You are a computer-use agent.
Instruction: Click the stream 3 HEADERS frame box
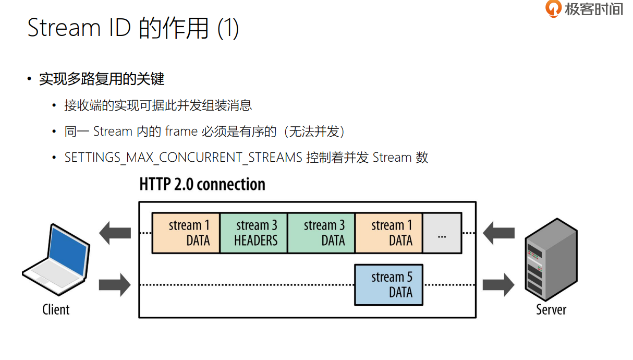[x=254, y=233]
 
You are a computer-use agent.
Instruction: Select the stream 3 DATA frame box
[x=321, y=233]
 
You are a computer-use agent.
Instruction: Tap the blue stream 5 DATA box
[x=388, y=285]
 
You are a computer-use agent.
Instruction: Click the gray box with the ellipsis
[x=442, y=233]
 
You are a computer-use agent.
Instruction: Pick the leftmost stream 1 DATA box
[x=186, y=233]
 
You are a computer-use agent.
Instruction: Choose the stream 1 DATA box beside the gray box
[x=388, y=233]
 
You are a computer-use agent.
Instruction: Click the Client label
[x=56, y=309]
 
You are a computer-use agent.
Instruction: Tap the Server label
[x=551, y=309]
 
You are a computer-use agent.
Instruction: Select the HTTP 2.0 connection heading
[x=202, y=184]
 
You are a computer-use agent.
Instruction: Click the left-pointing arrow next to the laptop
[x=115, y=233]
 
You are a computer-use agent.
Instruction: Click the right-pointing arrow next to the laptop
[x=115, y=285]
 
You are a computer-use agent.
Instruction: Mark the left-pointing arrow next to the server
[x=498, y=233]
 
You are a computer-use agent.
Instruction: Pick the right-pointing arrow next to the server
[x=498, y=285]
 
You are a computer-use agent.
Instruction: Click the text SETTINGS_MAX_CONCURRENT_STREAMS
[x=183, y=158]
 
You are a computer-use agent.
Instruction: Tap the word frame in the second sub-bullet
[x=181, y=131]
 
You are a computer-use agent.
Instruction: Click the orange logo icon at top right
[x=553, y=9]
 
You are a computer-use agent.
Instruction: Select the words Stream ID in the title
[x=79, y=28]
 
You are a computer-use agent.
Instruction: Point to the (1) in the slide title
[x=228, y=28]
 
